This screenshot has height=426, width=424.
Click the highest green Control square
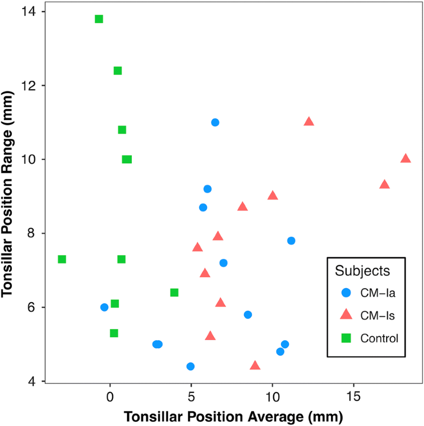click(99, 19)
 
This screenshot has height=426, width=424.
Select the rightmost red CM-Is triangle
click(406, 158)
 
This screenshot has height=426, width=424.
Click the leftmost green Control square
click(62, 259)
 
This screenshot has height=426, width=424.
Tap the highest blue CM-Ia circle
click(215, 122)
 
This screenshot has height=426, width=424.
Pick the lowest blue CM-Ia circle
click(190, 366)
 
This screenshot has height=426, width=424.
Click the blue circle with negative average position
click(104, 307)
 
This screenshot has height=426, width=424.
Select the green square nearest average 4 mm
click(174, 292)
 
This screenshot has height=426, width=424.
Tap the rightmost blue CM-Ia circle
click(291, 241)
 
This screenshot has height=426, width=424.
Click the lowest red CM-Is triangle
click(255, 365)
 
